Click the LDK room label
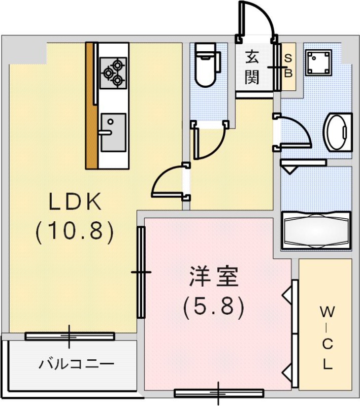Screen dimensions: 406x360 coord(75,202)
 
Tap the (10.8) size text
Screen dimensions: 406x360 coord(75,231)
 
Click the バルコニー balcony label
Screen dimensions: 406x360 coord(77,363)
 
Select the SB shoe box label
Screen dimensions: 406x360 coord(288,66)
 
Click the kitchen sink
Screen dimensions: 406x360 coord(112,132)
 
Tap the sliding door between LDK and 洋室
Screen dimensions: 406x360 coord(141,272)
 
